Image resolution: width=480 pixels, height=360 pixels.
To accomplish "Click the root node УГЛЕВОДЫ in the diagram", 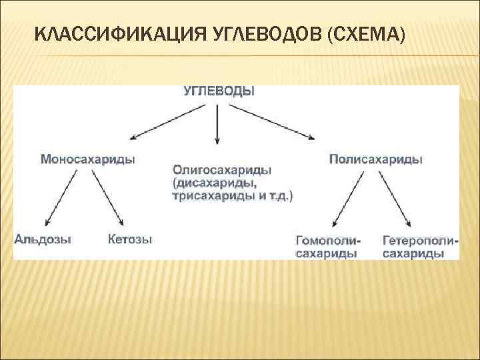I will click(219, 92).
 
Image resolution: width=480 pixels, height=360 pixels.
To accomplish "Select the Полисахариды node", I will click(376, 159).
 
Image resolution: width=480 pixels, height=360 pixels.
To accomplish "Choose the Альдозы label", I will click(43, 239).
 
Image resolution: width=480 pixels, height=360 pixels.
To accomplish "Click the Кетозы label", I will click(129, 239).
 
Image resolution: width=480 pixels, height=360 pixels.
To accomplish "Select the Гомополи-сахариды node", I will click(327, 247).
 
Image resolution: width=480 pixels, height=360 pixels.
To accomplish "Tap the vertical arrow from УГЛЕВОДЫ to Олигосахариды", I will click(218, 123).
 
